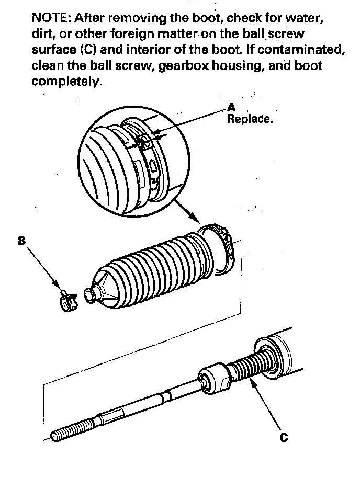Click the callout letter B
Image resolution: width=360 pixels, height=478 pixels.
(21, 241)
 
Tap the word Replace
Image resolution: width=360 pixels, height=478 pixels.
(249, 119)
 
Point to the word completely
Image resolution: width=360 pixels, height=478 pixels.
(65, 82)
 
